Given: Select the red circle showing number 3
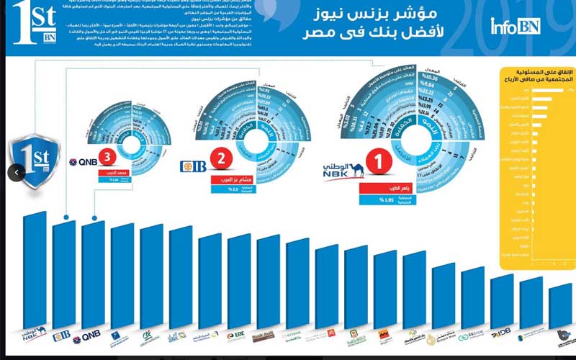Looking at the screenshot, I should (x=107, y=156).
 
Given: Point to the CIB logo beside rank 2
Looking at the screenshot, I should (x=193, y=166).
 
